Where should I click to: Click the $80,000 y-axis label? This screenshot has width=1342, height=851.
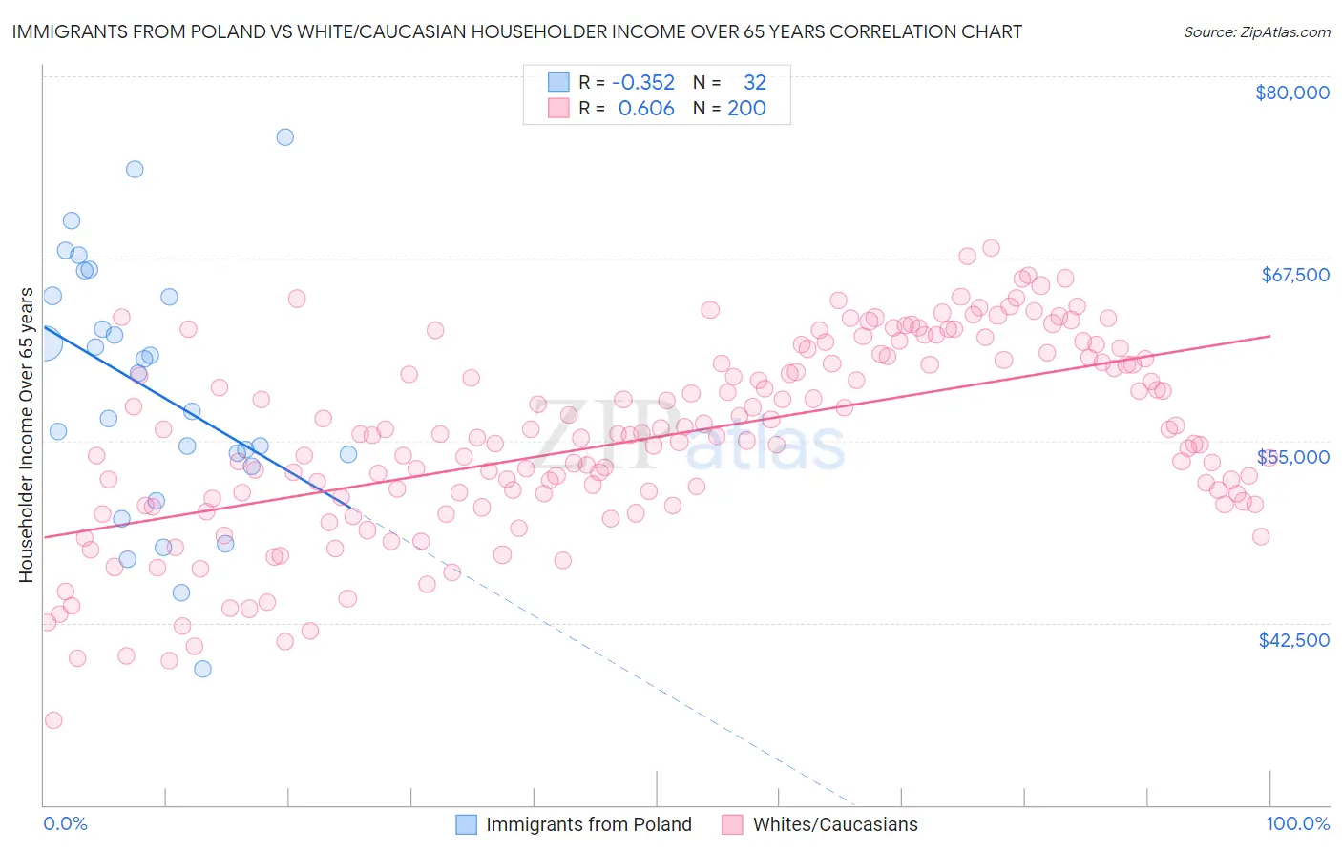click(1292, 93)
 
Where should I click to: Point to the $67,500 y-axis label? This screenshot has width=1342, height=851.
click(1294, 275)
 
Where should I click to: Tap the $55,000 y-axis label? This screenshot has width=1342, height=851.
click(1293, 457)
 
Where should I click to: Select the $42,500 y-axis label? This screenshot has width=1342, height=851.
click(1293, 640)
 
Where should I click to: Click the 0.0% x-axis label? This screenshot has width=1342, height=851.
click(65, 823)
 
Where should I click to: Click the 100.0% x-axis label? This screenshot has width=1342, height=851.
click(1297, 823)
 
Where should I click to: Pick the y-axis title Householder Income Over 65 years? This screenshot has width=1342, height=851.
click(27, 434)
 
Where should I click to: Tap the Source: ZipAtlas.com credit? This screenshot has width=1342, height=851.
click(1256, 31)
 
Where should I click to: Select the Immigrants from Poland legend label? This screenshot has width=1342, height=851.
click(588, 824)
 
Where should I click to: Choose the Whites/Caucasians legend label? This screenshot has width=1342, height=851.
click(834, 824)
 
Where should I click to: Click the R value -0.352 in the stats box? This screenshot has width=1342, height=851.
click(643, 82)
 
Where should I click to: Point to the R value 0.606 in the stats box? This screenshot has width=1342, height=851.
click(646, 108)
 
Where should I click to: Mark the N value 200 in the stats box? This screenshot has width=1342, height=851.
click(746, 108)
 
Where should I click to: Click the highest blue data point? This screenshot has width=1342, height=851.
click(284, 137)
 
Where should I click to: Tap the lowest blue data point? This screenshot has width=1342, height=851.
click(202, 669)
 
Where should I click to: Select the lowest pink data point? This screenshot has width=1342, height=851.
click(53, 720)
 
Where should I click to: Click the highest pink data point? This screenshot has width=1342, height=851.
click(991, 248)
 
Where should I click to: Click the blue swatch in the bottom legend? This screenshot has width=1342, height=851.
click(466, 824)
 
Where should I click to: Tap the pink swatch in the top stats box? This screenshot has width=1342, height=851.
click(558, 108)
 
